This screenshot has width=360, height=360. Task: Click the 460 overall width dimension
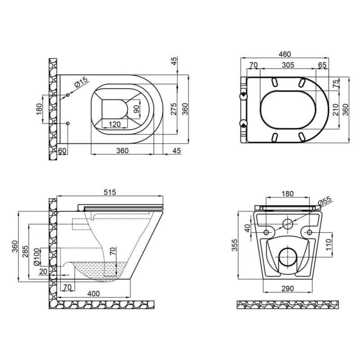284,54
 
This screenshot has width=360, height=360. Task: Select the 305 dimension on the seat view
288,65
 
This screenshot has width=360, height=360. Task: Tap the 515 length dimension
110,192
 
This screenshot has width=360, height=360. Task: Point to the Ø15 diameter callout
80,83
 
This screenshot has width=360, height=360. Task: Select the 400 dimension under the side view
94,293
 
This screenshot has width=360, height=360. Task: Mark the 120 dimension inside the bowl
115,124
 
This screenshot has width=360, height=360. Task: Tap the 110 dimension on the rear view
328,246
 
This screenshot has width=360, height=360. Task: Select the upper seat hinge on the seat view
243,95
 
